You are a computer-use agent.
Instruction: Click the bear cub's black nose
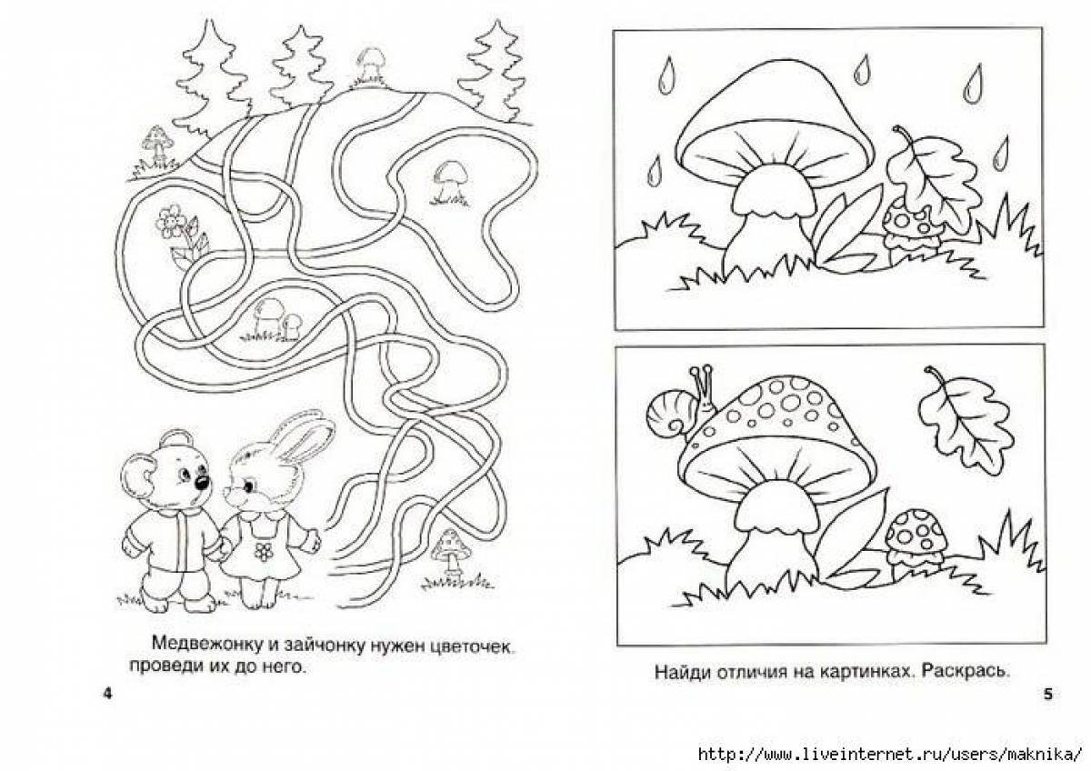202,482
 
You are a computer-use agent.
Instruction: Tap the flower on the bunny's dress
263,551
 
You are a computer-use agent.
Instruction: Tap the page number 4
107,693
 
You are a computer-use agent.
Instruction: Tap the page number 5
1047,694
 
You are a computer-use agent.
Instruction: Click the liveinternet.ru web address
890,755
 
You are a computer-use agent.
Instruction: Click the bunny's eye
248,486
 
